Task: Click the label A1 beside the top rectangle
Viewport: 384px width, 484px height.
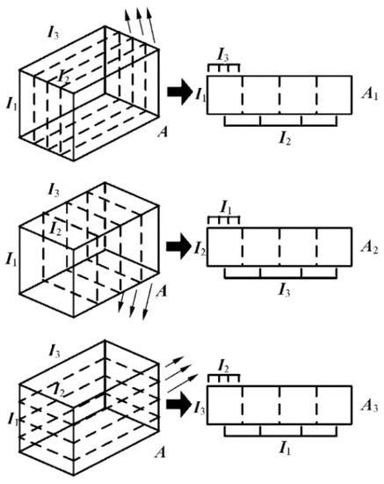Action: tap(369, 92)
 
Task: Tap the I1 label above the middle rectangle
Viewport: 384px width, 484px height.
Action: tap(223, 209)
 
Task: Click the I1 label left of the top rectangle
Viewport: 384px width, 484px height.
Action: tap(200, 92)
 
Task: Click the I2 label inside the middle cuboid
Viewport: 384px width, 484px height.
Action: tap(57, 230)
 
